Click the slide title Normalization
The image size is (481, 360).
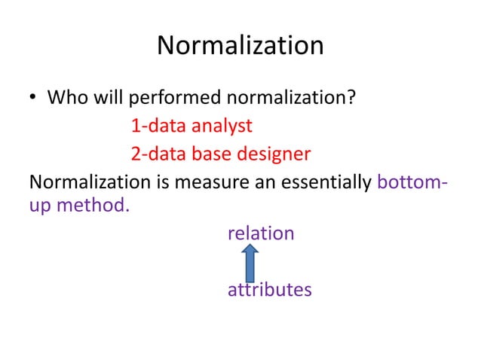(240, 47)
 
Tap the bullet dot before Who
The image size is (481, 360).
(34, 99)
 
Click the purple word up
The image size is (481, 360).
(39, 206)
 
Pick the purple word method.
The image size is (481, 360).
(92, 205)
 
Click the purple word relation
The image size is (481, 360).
(261, 233)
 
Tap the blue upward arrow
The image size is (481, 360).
(251, 261)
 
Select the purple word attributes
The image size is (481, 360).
(269, 289)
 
